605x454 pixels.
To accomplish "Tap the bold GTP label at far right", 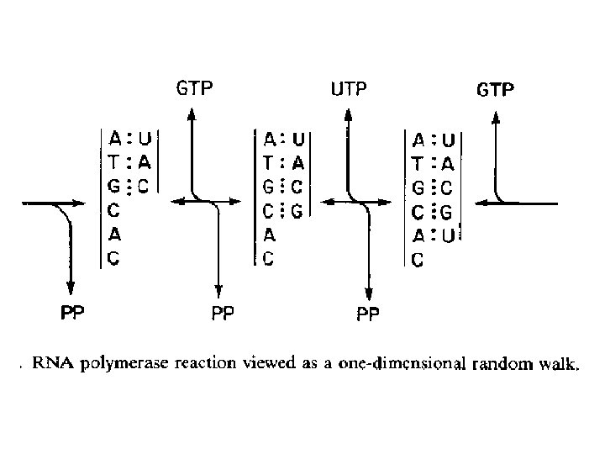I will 496,89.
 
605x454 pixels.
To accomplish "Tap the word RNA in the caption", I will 50,365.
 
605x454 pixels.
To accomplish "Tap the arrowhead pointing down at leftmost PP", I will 71,284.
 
